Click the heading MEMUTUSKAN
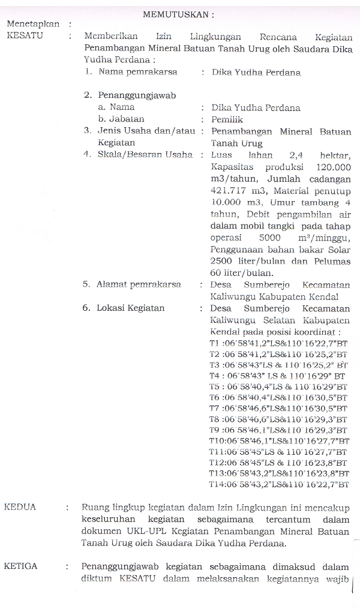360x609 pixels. point(178,13)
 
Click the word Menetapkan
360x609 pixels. point(33,24)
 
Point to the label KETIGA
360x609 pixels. point(22,566)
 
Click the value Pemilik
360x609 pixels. point(227,119)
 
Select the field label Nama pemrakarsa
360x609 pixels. point(142,72)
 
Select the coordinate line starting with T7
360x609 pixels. point(278,408)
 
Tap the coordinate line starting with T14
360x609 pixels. point(278,484)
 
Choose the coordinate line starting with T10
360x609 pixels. point(278,441)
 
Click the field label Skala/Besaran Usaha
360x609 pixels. point(145,155)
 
